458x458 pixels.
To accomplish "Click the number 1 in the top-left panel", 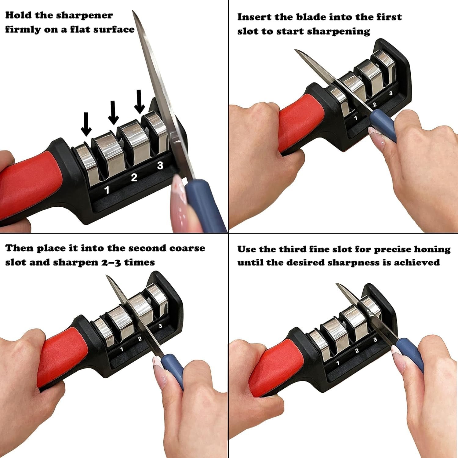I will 107,190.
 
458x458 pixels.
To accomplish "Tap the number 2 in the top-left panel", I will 134,177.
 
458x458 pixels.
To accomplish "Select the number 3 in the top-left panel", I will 160,165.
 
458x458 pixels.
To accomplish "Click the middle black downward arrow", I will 113,113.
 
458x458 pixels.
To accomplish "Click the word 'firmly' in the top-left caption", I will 20,30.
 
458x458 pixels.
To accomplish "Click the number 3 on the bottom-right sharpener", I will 375,340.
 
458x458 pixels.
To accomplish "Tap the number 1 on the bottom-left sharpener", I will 122,349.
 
